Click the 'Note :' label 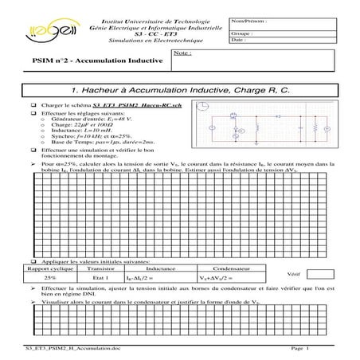tap(182, 54)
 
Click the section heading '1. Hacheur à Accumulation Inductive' tap(180, 91)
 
